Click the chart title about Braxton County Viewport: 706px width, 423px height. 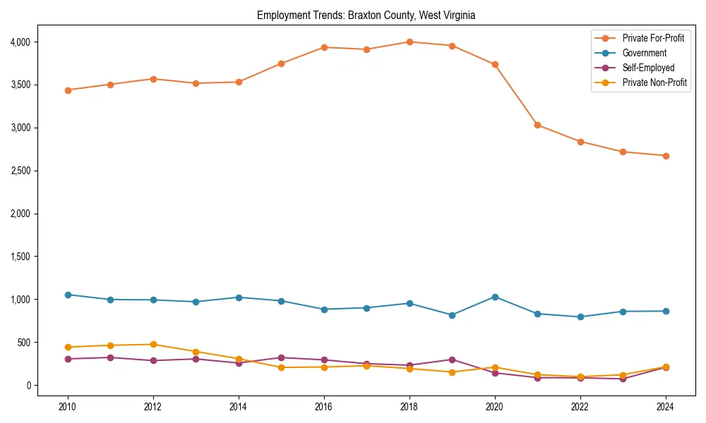[x=366, y=15]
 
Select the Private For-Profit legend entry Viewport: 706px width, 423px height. [x=653, y=38]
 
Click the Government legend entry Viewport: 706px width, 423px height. [x=644, y=53]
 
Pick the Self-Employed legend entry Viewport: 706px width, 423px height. [x=648, y=68]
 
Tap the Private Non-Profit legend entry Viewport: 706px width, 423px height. [x=654, y=82]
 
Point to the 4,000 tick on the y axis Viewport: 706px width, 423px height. [x=19, y=42]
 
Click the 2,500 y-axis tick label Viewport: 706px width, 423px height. [x=19, y=171]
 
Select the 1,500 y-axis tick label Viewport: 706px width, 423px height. [x=19, y=257]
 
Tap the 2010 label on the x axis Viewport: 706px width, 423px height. [x=68, y=407]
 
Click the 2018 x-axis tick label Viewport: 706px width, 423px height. [x=409, y=407]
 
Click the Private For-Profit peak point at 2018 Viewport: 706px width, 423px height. [x=409, y=42]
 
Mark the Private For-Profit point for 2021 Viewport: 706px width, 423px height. [x=537, y=125]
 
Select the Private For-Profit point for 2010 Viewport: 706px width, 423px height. [x=68, y=90]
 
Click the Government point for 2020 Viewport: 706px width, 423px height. [x=495, y=297]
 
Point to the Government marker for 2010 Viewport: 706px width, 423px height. [x=68, y=295]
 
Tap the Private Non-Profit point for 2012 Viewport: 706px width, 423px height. [x=153, y=344]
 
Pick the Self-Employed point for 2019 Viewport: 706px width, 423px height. [x=452, y=360]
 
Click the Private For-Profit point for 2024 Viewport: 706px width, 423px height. [x=666, y=156]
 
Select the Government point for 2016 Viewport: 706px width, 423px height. [x=324, y=309]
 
